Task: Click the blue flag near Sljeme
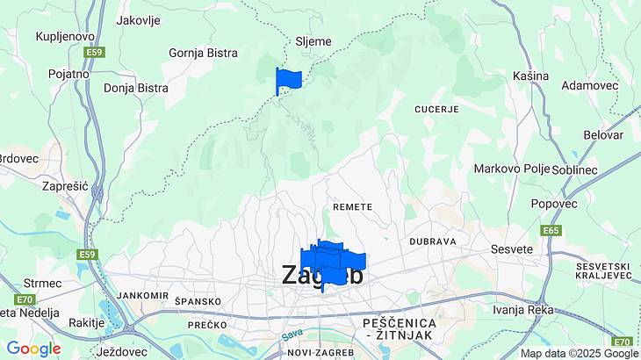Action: (x=288, y=80)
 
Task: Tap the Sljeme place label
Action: (x=312, y=41)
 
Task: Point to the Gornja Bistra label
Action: (x=204, y=53)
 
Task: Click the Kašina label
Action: (x=530, y=76)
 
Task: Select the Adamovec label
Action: (x=590, y=87)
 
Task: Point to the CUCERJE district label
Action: (x=436, y=109)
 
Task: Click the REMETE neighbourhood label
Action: (x=353, y=206)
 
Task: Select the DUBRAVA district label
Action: (x=433, y=241)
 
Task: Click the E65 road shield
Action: (x=551, y=231)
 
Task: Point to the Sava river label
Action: (x=292, y=335)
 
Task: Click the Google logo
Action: (x=33, y=349)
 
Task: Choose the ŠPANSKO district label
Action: (x=198, y=301)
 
